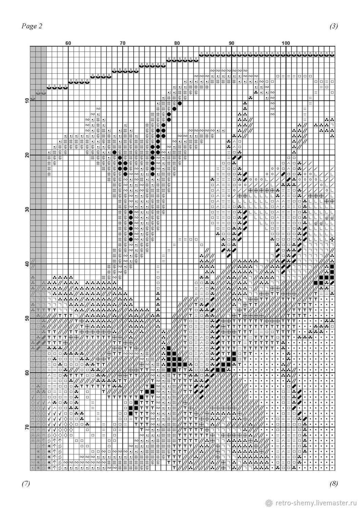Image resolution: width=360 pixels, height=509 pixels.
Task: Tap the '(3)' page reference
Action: pyautogui.click(x=334, y=27)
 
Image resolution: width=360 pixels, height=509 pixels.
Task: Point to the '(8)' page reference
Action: pyautogui.click(x=334, y=484)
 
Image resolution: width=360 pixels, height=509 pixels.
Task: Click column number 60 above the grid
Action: pyautogui.click(x=68, y=43)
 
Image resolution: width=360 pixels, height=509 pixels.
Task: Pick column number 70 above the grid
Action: pyautogui.click(x=122, y=43)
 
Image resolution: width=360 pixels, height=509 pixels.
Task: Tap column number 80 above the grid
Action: pyautogui.click(x=177, y=43)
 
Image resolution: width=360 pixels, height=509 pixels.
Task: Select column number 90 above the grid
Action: pyautogui.click(x=231, y=43)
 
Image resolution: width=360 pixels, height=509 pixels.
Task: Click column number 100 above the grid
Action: pyautogui.click(x=286, y=43)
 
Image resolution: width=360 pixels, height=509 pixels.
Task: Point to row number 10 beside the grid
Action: pyautogui.click(x=27, y=101)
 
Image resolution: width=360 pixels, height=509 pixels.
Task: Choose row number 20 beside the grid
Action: pyautogui.click(x=27, y=155)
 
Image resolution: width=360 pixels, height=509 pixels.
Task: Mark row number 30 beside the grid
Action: pyautogui.click(x=27, y=210)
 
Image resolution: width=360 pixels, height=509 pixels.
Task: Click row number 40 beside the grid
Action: pyautogui.click(x=27, y=264)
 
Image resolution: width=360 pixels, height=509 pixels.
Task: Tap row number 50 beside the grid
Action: pyautogui.click(x=27, y=319)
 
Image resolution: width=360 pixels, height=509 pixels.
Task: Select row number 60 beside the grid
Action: pyautogui.click(x=27, y=373)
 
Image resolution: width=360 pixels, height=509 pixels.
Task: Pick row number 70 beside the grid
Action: pyautogui.click(x=27, y=427)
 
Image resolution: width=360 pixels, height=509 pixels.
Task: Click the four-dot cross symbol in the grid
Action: pyautogui.click(x=332, y=240)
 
